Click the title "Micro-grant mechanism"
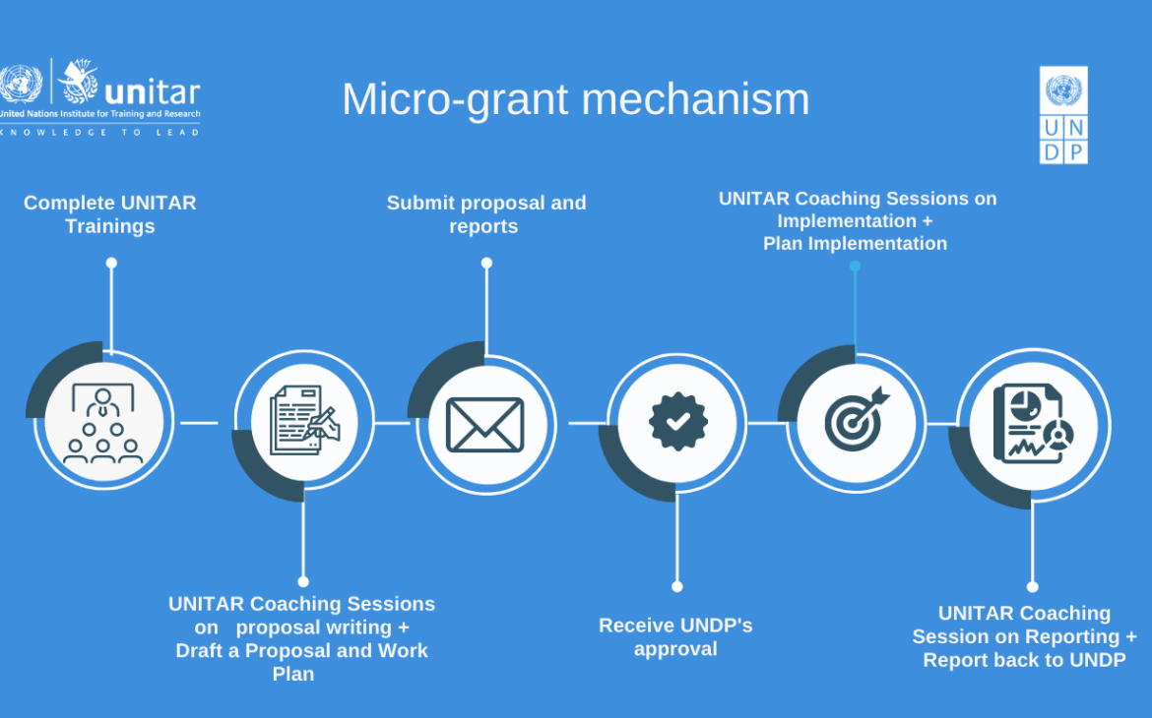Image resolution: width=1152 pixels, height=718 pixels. [x=575, y=99]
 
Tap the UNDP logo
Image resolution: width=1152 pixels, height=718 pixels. [x=1063, y=114]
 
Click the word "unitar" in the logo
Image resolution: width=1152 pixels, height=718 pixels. [x=152, y=92]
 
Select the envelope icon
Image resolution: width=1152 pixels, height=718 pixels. [x=484, y=424]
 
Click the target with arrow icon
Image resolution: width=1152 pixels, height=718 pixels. [x=856, y=421]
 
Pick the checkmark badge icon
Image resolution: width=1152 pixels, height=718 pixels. [x=677, y=422]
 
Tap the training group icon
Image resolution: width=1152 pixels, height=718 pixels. [x=103, y=424]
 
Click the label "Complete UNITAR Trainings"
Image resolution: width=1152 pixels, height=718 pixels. [x=110, y=214]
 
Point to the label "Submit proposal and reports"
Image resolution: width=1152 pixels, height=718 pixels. [x=485, y=214]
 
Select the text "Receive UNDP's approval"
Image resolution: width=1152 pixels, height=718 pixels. [x=675, y=636]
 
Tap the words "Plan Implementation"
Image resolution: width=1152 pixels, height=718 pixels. [x=855, y=243]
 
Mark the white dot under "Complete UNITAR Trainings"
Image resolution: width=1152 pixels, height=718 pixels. [x=111, y=263]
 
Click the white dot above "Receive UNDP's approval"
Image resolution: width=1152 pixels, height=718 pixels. [x=677, y=586]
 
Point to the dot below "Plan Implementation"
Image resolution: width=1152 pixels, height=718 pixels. [x=855, y=266]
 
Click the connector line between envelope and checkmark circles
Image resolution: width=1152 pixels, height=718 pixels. [x=588, y=423]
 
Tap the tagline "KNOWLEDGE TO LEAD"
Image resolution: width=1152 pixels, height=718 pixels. [x=100, y=132]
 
